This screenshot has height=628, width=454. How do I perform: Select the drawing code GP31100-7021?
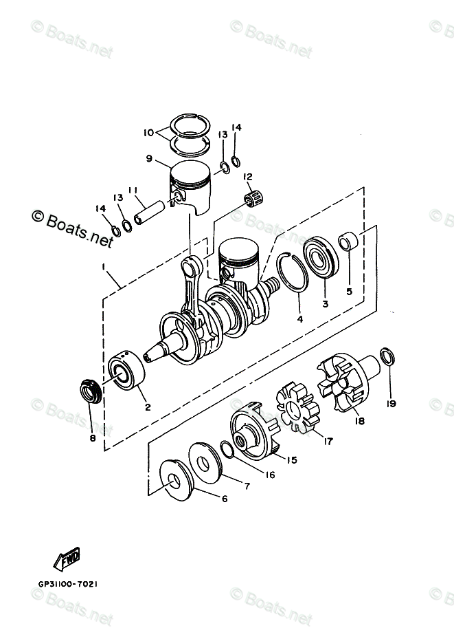click(68, 583)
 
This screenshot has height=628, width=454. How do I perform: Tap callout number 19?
click(391, 403)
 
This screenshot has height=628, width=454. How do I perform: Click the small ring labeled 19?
click(387, 356)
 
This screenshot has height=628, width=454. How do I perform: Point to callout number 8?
click(93, 437)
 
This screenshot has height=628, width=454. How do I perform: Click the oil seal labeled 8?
click(91, 391)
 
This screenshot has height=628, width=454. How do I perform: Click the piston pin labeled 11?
click(149, 212)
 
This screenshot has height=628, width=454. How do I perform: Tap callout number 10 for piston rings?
click(148, 132)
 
